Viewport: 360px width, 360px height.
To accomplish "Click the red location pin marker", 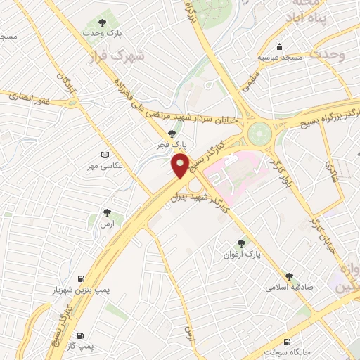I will pos(181,165).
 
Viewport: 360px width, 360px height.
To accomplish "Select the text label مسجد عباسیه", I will pos(281,56).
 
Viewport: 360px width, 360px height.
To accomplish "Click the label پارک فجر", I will pos(171,144).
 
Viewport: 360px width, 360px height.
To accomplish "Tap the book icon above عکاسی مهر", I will pos(105,154).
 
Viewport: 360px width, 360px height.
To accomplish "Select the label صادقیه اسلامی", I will pos(288,288).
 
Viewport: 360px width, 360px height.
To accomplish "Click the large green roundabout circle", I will pos(259,131).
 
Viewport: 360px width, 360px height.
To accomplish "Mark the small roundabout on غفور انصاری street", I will pos(73,103).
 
